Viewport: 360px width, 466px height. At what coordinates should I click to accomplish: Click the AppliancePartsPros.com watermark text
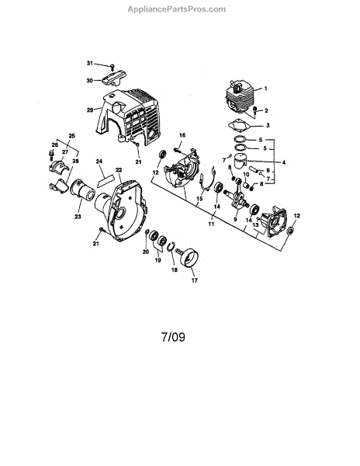177,9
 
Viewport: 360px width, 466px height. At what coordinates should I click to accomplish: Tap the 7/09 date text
173,337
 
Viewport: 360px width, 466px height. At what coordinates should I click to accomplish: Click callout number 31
90,63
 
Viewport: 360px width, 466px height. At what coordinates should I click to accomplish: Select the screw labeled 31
112,67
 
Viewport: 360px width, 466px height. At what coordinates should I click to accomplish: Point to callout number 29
90,110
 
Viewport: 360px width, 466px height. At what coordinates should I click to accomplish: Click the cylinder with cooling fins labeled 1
240,96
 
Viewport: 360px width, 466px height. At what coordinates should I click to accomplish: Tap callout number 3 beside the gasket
268,125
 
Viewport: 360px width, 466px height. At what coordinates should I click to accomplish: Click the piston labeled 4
241,162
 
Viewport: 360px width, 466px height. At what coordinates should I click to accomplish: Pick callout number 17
195,280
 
